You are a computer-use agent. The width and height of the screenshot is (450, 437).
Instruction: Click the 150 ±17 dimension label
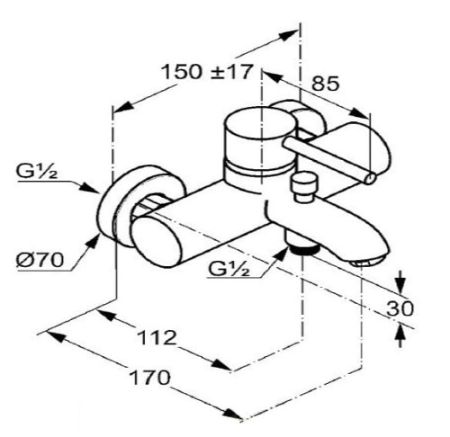(x=206, y=72)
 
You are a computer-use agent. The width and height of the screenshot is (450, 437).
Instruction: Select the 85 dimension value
(x=326, y=84)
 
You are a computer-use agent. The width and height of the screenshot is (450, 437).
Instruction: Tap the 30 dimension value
(x=400, y=308)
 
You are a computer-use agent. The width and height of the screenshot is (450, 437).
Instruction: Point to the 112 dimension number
(x=157, y=337)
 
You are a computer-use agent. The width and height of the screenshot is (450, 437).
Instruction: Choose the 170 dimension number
(x=149, y=378)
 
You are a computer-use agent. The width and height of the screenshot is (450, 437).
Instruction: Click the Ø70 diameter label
(x=40, y=260)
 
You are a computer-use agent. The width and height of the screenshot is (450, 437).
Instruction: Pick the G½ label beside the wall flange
(x=36, y=172)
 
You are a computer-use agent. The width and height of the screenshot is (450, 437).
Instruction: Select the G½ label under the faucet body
(x=229, y=269)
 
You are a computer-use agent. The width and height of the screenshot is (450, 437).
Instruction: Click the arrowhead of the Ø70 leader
(x=94, y=242)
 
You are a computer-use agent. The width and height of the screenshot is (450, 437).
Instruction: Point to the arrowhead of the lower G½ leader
(x=282, y=254)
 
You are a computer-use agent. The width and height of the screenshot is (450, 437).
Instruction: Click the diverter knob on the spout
(x=303, y=186)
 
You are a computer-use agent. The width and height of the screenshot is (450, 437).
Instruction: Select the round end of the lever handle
(x=370, y=179)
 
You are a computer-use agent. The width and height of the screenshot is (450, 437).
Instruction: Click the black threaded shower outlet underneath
(x=303, y=249)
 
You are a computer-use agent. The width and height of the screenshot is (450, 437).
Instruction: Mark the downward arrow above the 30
(x=400, y=282)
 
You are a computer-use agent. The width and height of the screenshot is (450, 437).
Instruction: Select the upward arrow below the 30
(x=400, y=335)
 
